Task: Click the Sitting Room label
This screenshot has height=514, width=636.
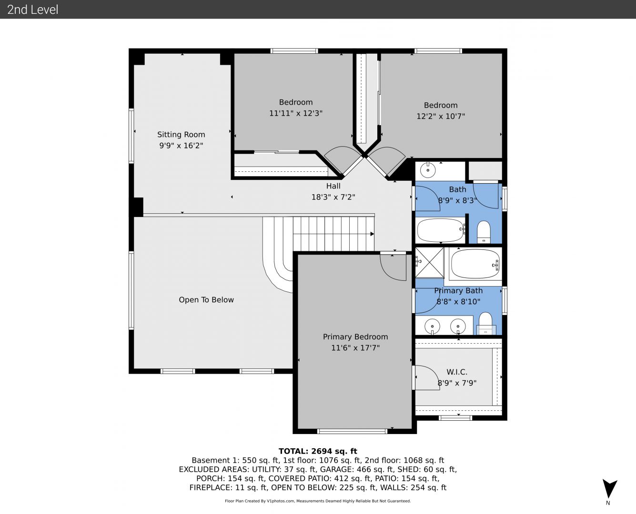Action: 181,135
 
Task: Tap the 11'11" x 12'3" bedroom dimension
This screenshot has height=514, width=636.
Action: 295,113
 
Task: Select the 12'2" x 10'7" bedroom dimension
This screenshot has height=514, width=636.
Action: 441,116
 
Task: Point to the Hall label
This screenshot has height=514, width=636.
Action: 333,186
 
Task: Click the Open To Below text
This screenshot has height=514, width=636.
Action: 206,300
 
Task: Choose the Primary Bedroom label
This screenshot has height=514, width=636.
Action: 355,337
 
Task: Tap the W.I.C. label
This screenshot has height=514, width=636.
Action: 457,372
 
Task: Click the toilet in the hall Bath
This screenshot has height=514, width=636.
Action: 484,232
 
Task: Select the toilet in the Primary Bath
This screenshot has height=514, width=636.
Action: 485,323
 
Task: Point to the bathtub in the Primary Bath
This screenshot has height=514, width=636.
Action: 475,264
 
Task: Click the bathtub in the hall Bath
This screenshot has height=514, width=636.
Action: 441,230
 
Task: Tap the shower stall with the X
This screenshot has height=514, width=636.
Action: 429,263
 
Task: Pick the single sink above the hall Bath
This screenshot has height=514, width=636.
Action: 428,170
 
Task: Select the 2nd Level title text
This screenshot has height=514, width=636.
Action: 32,10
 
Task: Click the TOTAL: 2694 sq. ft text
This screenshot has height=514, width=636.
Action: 318,451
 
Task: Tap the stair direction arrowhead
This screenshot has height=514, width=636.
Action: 372,234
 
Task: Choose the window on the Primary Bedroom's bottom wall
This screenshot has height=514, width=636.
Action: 352,431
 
